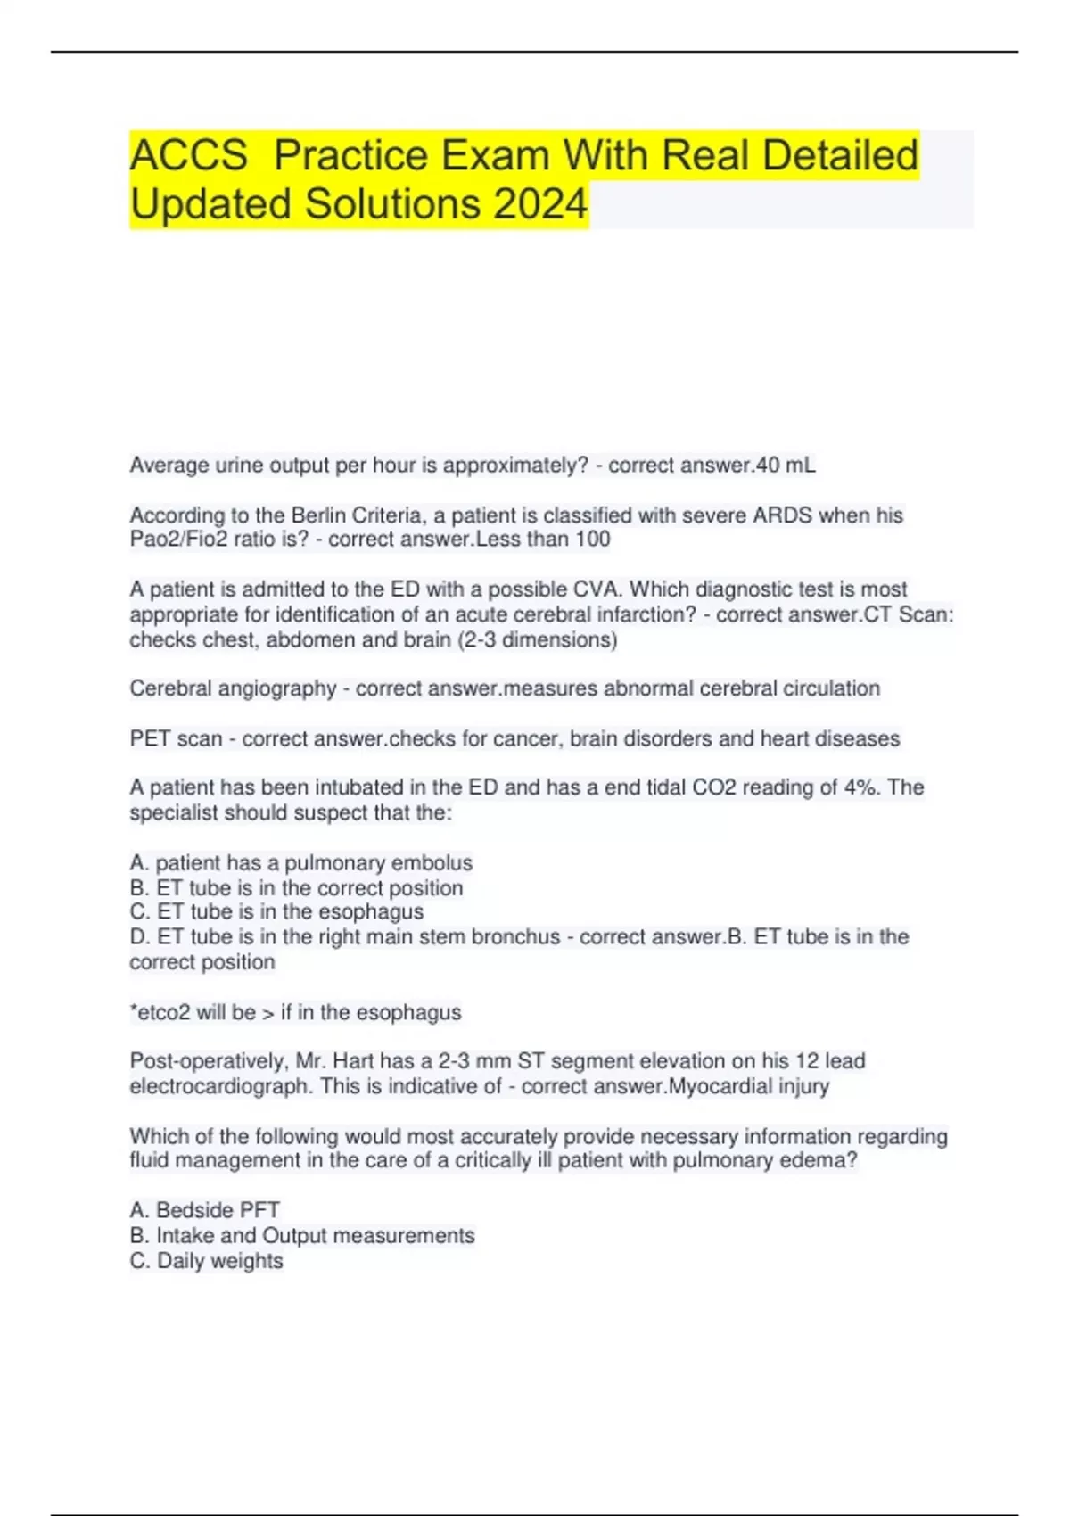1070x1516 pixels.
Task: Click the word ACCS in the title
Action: [x=188, y=155]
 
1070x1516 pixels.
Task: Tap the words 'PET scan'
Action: [x=176, y=739]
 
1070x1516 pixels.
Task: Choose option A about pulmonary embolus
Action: [x=301, y=863]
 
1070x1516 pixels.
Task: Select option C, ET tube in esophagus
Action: [x=276, y=912]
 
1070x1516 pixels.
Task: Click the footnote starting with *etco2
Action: [x=295, y=1013]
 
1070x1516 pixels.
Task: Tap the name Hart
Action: [x=353, y=1061]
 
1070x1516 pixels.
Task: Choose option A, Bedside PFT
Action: [x=205, y=1210]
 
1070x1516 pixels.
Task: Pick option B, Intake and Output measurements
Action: [x=302, y=1236]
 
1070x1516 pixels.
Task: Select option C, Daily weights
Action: [x=207, y=1261]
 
